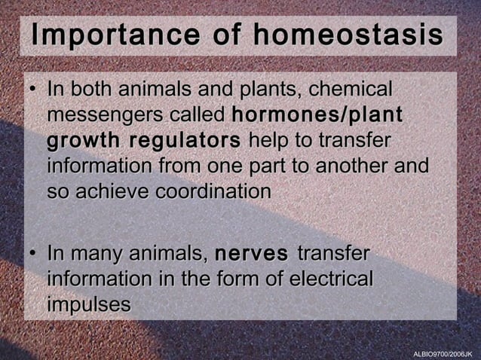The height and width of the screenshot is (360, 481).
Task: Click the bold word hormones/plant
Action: point(317,116)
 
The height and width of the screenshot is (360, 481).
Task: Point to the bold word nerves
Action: point(251,253)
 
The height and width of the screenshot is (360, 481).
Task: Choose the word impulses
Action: point(89,304)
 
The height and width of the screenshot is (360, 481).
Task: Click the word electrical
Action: point(324,279)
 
